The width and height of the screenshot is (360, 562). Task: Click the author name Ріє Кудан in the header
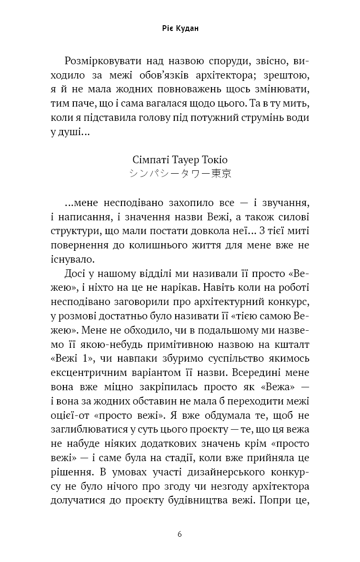(x=180, y=29)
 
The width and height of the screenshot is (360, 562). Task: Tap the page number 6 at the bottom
(x=180, y=534)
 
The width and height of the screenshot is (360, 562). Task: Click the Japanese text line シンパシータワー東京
(x=180, y=174)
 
